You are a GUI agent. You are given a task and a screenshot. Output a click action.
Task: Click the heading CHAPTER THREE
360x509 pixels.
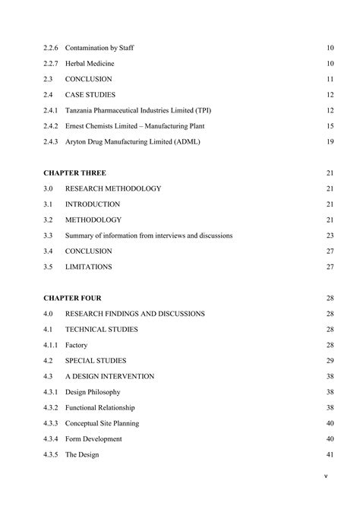click(x=74, y=173)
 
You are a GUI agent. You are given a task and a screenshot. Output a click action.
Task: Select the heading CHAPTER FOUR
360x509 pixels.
click(x=72, y=299)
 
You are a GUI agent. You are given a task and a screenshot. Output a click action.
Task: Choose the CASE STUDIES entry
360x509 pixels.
click(x=90, y=95)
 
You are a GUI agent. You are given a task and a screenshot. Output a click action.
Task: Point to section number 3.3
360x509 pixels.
click(x=48, y=236)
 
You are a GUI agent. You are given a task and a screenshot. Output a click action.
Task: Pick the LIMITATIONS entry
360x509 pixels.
click(x=89, y=267)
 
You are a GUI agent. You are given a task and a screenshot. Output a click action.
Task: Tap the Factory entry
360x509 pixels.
click(x=77, y=346)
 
